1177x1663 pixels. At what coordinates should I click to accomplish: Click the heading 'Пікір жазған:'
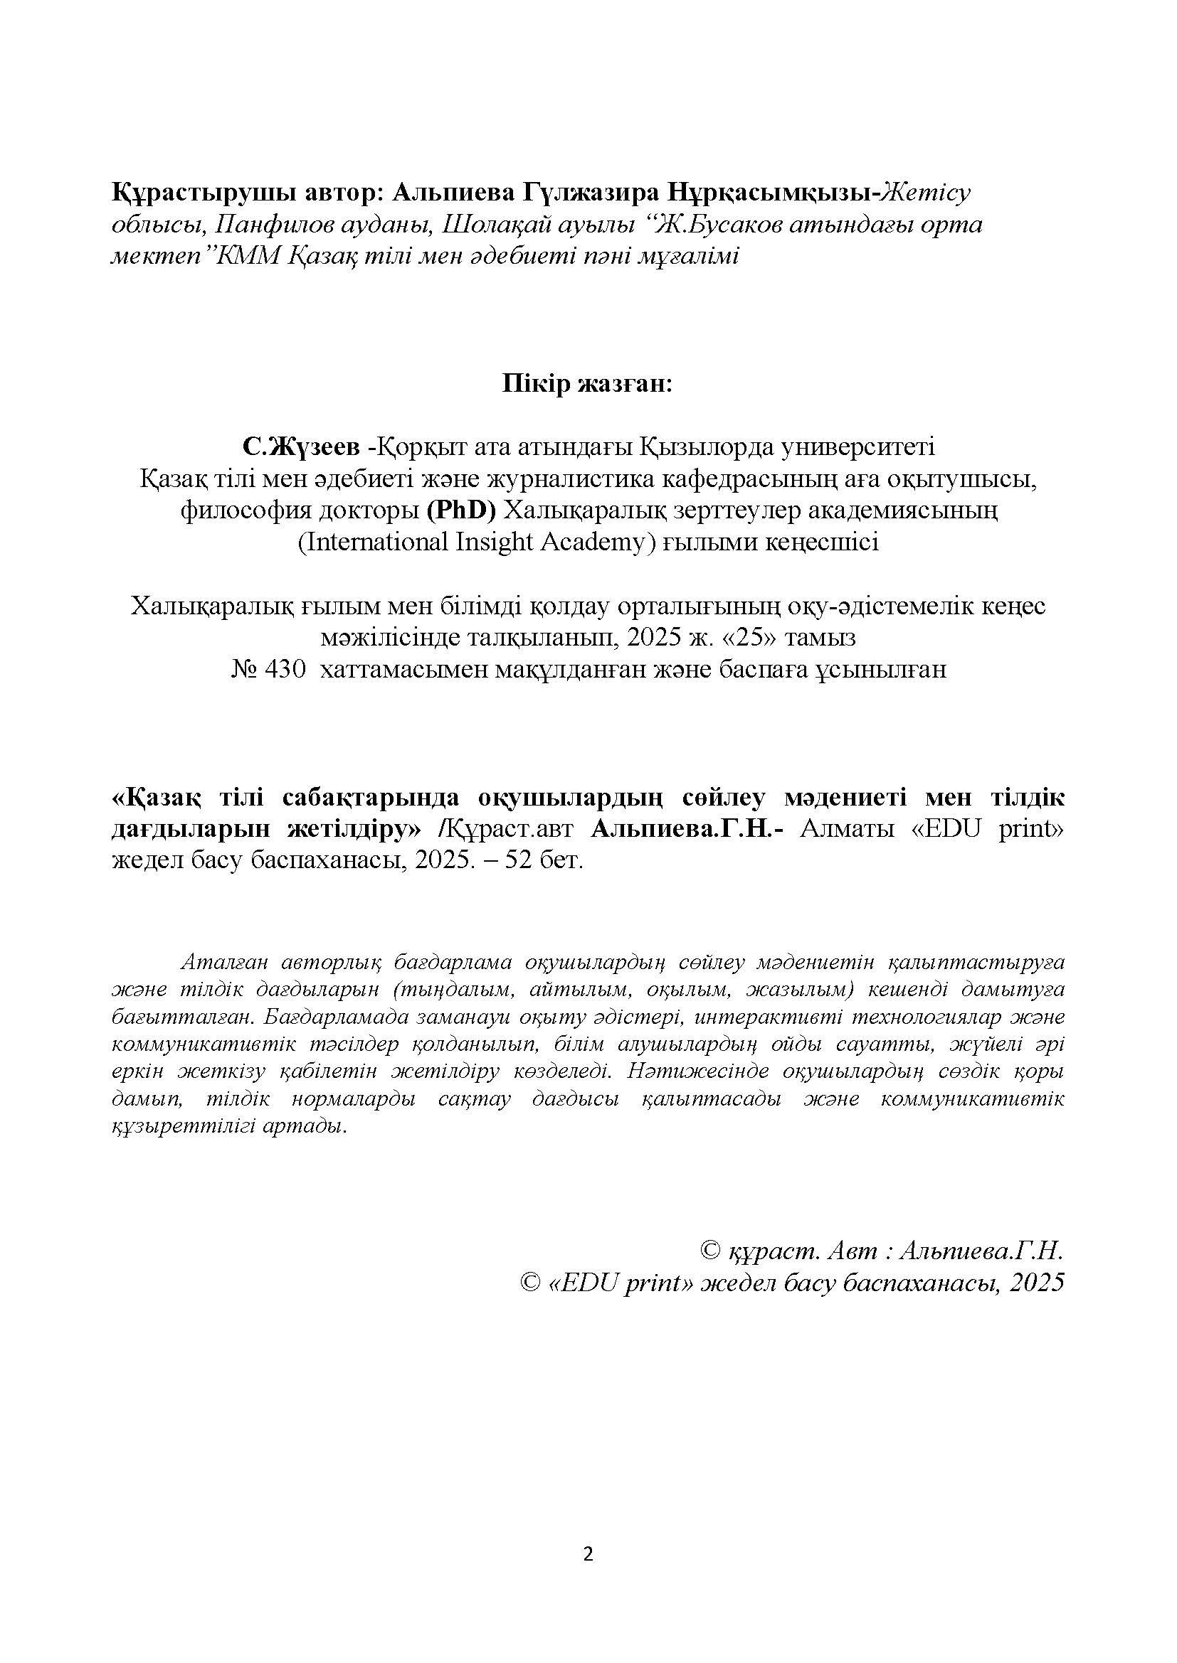(x=588, y=384)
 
